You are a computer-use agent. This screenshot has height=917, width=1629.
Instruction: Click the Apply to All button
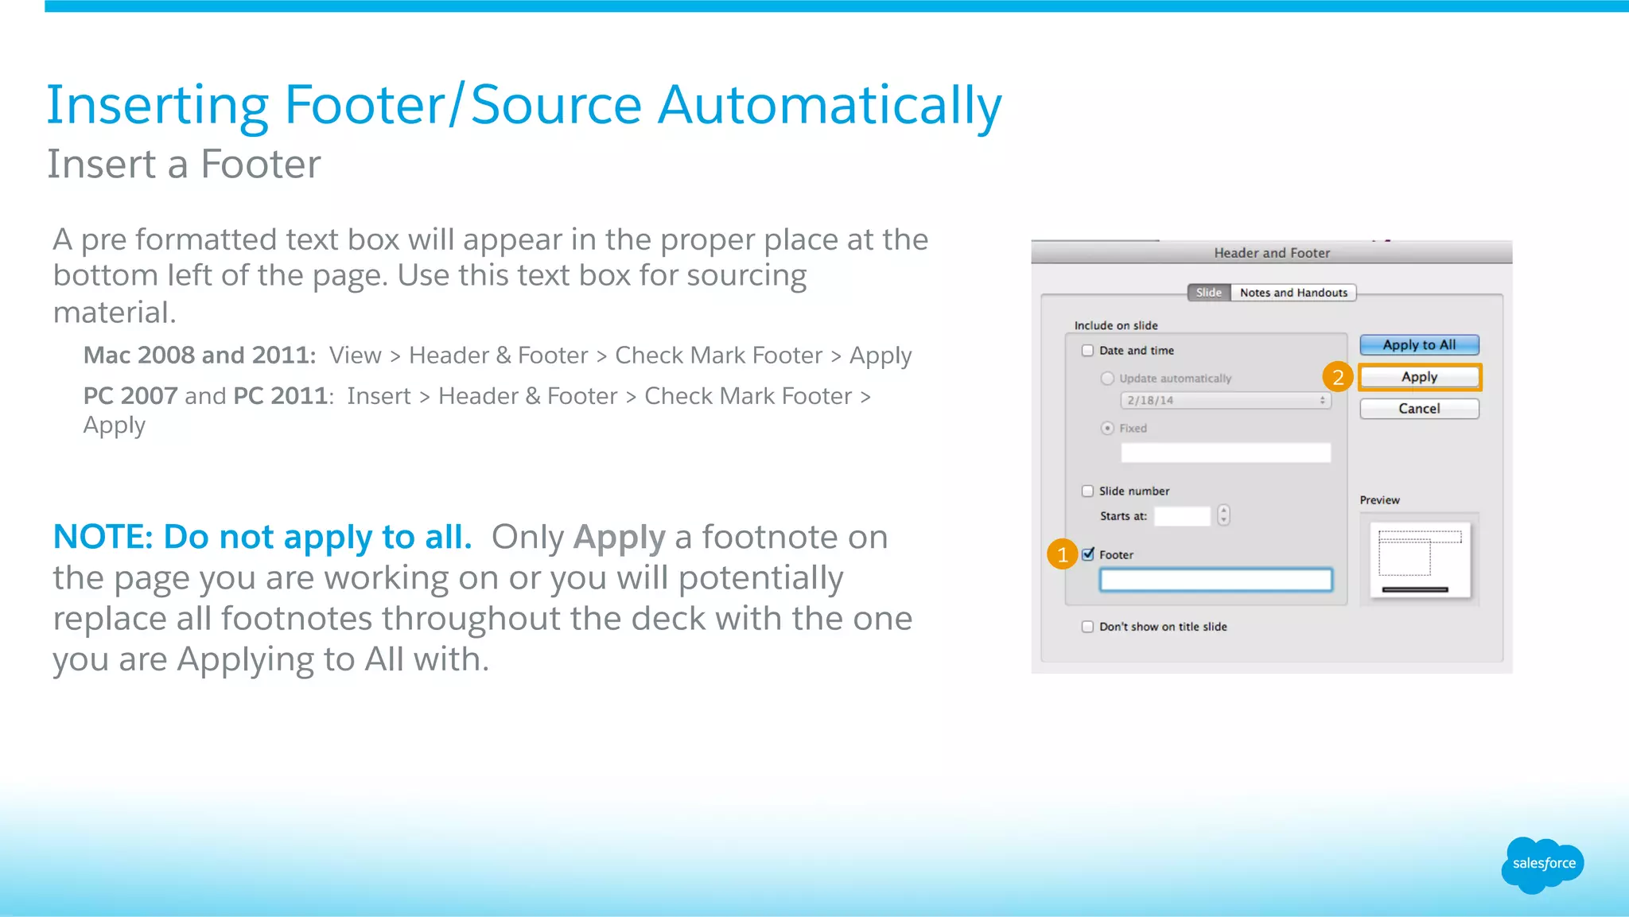[x=1419, y=344]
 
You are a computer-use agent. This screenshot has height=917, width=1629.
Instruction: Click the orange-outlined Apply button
[x=1419, y=377]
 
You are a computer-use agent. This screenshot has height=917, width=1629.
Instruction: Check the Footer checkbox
[x=1088, y=554]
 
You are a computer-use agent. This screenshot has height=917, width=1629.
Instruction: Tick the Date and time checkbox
[x=1087, y=351]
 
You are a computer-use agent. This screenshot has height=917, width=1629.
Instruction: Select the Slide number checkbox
[x=1087, y=492]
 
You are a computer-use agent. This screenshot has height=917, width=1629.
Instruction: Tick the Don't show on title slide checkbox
[x=1087, y=627]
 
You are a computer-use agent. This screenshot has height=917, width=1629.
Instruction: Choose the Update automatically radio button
[x=1107, y=379]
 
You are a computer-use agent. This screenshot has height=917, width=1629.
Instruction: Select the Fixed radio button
[x=1107, y=429]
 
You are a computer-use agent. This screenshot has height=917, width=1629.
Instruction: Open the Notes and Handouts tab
[x=1293, y=293]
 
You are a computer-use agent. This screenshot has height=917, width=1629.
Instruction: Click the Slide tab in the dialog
[x=1208, y=293]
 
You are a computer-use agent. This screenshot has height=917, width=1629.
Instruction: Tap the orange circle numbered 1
[x=1063, y=554]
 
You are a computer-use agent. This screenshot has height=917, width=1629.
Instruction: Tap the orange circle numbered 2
[x=1338, y=377]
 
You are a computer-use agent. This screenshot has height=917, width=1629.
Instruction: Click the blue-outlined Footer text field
[x=1215, y=580]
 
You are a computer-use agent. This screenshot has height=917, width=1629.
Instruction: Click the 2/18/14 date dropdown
[x=1225, y=400]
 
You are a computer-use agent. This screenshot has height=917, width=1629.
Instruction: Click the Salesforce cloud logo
[x=1543, y=865]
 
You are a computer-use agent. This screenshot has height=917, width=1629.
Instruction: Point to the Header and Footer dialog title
[x=1271, y=253]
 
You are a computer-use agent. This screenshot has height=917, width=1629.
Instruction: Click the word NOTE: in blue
[x=103, y=538]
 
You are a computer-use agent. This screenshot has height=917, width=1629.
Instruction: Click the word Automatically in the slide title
[x=830, y=105]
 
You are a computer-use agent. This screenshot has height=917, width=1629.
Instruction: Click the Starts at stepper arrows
[x=1223, y=515]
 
